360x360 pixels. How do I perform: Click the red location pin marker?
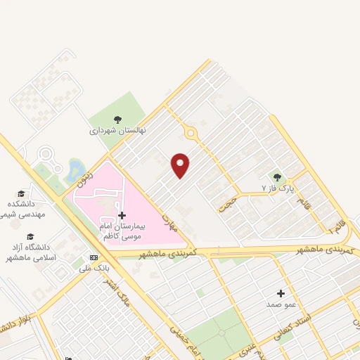[181, 165]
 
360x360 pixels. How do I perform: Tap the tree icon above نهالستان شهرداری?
[117, 119]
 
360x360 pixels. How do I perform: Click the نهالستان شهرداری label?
[116, 131]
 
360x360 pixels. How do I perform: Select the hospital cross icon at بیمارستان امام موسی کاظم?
[122, 215]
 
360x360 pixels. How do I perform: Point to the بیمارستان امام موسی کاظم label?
[122, 231]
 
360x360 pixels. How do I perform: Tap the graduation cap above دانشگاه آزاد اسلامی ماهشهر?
[30, 236]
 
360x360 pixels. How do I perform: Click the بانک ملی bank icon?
[94, 257]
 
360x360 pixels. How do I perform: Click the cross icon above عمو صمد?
[281, 292]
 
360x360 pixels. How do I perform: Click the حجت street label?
[227, 203]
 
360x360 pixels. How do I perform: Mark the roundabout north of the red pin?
[190, 132]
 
